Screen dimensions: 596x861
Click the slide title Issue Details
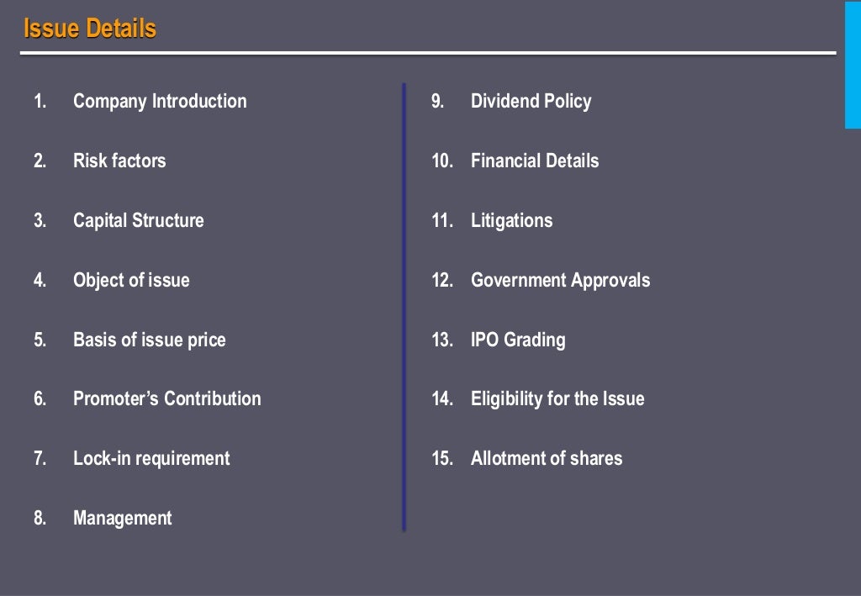[90, 29]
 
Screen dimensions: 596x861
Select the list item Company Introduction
[160, 102]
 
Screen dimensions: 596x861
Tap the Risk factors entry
[119, 161]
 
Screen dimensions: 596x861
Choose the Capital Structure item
[138, 220]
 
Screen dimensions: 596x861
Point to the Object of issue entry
[131, 280]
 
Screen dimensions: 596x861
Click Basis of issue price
[149, 340]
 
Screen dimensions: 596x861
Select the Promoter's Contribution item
[166, 398]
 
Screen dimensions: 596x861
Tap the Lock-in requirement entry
[151, 458]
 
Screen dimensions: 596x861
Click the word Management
[122, 518]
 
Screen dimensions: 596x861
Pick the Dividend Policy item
[531, 102]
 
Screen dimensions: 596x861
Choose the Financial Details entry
[535, 161]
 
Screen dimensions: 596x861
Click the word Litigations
[511, 220]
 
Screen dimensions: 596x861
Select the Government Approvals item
[560, 280]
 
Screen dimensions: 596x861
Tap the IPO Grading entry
[518, 340]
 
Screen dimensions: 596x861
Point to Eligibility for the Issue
[557, 398]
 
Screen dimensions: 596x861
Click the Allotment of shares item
[547, 458]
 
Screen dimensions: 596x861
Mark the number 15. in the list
[442, 458]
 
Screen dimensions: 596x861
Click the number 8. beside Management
[40, 518]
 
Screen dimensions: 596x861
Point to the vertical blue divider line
[404, 307]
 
